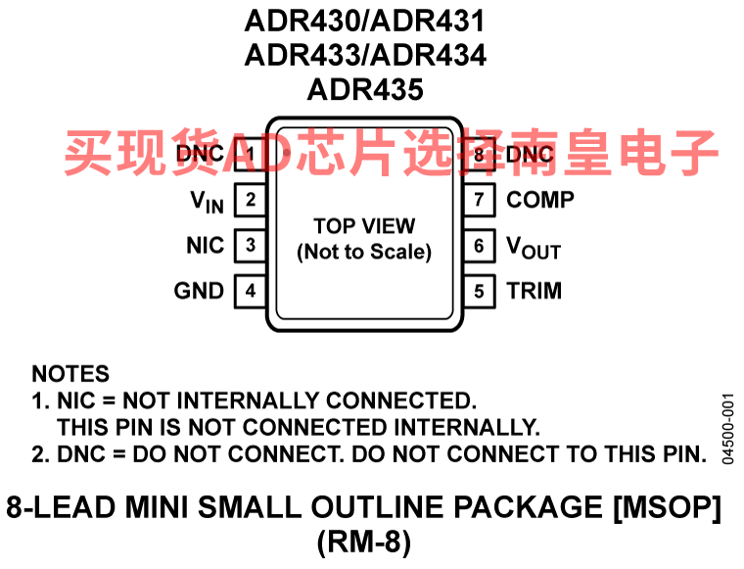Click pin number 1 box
pyautogui.click(x=251, y=154)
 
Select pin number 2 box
pyautogui.click(x=251, y=200)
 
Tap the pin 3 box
pyautogui.click(x=251, y=246)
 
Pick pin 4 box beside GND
pyautogui.click(x=251, y=291)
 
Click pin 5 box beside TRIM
pyautogui.click(x=480, y=291)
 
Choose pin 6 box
pyautogui.click(x=480, y=246)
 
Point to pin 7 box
pyautogui.click(x=480, y=200)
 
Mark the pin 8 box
pyautogui.click(x=480, y=154)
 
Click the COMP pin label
pyautogui.click(x=540, y=200)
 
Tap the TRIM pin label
pyautogui.click(x=535, y=291)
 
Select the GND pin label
pyautogui.click(x=199, y=291)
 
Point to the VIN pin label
pyautogui.click(x=207, y=202)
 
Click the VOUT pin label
pyautogui.click(x=534, y=248)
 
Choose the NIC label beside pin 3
pyautogui.click(x=205, y=246)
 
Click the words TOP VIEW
pyautogui.click(x=364, y=226)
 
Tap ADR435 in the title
pyautogui.click(x=365, y=89)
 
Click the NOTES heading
pyautogui.click(x=70, y=373)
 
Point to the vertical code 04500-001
pyautogui.click(x=728, y=429)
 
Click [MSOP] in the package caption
pyautogui.click(x=667, y=507)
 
